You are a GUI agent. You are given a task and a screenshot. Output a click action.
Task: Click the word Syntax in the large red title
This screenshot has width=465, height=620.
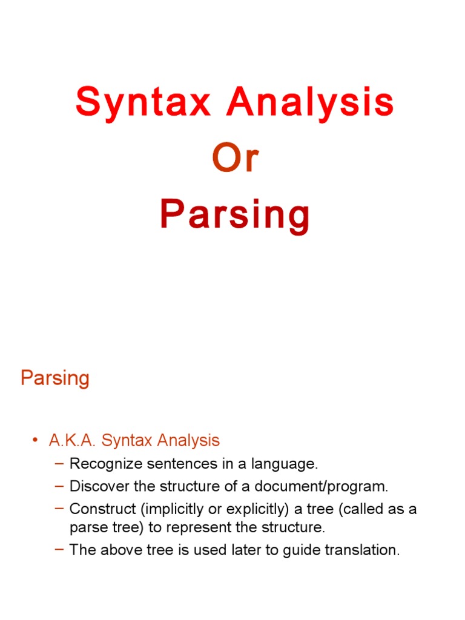pos(143,103)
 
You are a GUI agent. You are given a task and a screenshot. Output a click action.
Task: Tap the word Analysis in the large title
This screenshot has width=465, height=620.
pos(310,103)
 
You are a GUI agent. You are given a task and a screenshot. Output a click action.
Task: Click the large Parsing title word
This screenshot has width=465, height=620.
pos(235,216)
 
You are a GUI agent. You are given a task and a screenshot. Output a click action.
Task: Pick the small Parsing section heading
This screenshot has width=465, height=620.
pos(55,378)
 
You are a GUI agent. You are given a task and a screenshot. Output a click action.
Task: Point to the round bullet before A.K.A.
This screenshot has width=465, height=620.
pos(35,441)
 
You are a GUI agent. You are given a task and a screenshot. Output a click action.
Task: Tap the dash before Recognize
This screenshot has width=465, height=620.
pos(59,464)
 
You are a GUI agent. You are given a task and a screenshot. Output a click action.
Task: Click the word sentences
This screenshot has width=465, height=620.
pos(170,464)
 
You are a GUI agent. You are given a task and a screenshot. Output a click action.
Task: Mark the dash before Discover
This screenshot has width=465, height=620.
pos(59,485)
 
